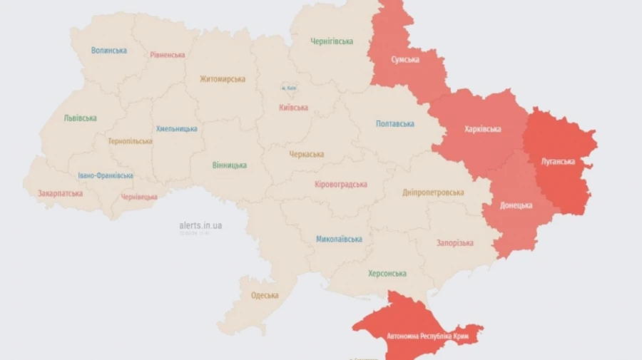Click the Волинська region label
pos(109,51)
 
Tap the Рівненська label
pos(168,55)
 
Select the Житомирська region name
pos(223,79)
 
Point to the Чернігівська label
pos(332,41)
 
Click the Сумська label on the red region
pos(405,59)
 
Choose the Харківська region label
pos(482,129)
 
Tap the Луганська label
pos(558,162)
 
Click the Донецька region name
pos(516,205)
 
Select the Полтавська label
pos(395,124)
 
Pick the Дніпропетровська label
pos(433,192)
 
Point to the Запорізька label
pos(455,243)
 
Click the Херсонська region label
pos(387,274)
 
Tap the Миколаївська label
pos(339,240)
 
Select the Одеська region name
pos(265,295)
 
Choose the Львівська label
pos(80,118)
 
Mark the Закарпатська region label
pos(61,193)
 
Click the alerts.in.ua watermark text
pos(200,225)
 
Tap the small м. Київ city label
pos(289,88)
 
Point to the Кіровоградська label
pos(341,185)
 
